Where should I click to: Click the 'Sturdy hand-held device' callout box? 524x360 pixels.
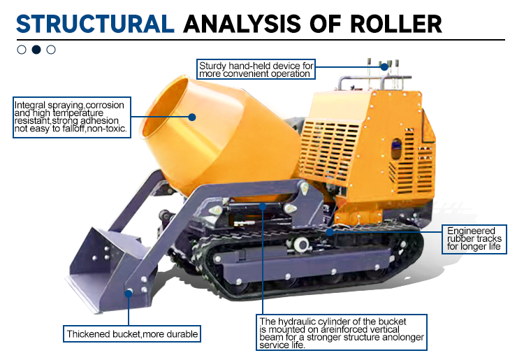tap(255, 69)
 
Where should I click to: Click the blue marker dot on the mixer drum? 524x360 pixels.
tap(191, 117)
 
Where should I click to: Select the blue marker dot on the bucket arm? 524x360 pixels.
tap(129, 292)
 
